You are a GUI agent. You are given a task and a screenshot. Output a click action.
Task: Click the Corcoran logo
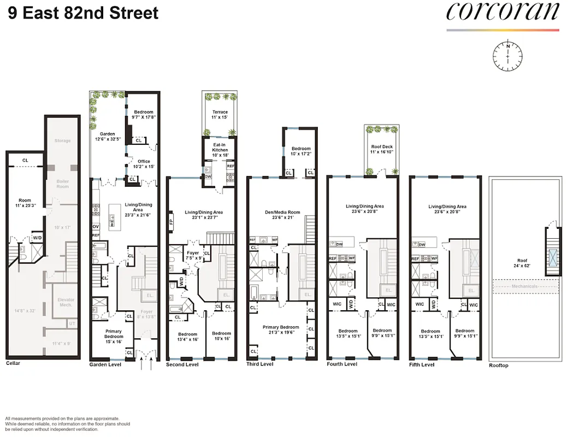[x=503, y=13]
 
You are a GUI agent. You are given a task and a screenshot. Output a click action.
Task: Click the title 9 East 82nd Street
[x=84, y=13]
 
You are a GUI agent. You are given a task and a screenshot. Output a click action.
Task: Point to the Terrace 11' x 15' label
[x=220, y=115]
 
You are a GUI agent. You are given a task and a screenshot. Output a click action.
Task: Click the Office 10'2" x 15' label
[x=144, y=164]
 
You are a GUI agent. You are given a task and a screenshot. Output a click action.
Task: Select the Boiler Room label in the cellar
[x=63, y=183]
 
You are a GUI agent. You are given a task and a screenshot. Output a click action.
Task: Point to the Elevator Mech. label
[x=66, y=302]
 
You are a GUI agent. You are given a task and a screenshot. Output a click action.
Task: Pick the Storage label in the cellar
[x=62, y=140]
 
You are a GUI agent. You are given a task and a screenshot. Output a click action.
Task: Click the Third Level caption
[x=259, y=364]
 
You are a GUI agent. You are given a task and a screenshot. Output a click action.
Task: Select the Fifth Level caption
[x=422, y=364]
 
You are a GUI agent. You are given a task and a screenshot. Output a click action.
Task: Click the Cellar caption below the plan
[x=13, y=363]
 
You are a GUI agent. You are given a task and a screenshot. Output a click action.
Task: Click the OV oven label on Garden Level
[x=96, y=226]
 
